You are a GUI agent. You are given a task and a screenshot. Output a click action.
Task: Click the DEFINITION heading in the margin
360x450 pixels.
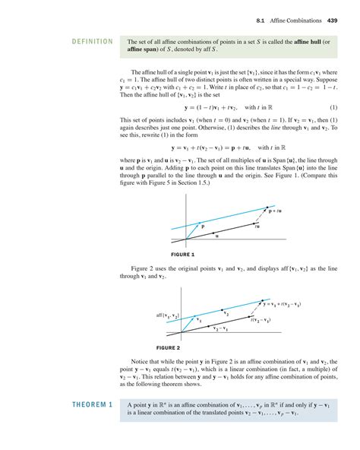tap(90, 42)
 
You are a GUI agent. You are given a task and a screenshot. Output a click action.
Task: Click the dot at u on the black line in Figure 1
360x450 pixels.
tap(216, 230)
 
